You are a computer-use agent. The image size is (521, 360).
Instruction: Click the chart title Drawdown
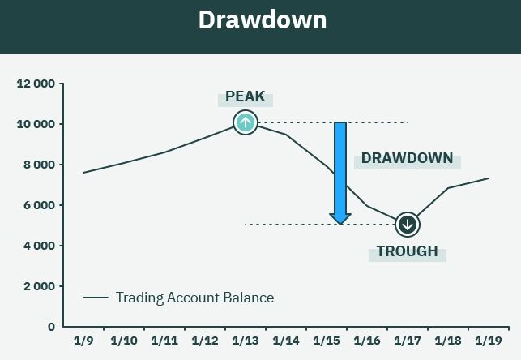pyautogui.click(x=263, y=20)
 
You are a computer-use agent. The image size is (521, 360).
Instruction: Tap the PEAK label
pyautogui.click(x=246, y=96)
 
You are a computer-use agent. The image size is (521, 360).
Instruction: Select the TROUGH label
pyautogui.click(x=407, y=251)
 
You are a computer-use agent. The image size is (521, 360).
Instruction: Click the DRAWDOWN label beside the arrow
pyautogui.click(x=407, y=158)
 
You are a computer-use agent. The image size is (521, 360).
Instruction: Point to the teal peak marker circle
pyautogui.click(x=246, y=122)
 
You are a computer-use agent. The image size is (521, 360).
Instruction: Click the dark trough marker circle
pyautogui.click(x=408, y=225)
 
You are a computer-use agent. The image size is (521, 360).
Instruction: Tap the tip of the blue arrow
pyautogui.click(x=340, y=225)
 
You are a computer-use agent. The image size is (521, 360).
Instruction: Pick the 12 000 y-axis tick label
pyautogui.click(x=36, y=84)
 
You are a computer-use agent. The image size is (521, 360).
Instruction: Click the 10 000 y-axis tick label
pyautogui.click(x=36, y=124)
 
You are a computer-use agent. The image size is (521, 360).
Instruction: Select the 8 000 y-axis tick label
pyautogui.click(x=39, y=165)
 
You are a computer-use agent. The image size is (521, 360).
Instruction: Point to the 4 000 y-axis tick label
pyautogui.click(x=39, y=246)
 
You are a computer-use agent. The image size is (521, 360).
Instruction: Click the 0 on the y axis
pyautogui.click(x=51, y=327)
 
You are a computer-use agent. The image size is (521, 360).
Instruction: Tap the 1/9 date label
pyautogui.click(x=83, y=341)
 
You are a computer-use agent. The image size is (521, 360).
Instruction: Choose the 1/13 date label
pyautogui.click(x=246, y=341)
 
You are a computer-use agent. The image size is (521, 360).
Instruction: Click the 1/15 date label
pyautogui.click(x=327, y=341)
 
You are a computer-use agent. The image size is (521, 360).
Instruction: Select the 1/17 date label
pyautogui.click(x=408, y=341)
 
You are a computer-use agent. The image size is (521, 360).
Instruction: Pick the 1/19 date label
pyautogui.click(x=489, y=341)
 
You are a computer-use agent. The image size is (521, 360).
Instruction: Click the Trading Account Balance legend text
pyautogui.click(x=195, y=298)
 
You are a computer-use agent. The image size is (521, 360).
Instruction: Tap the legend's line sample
pyautogui.click(x=96, y=298)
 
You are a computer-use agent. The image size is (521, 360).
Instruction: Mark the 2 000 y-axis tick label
pyautogui.click(x=39, y=286)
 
